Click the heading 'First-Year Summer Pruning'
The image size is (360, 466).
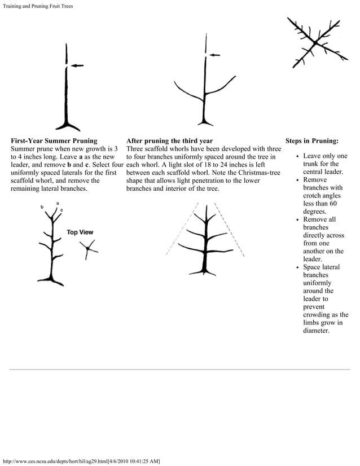coord(54,140)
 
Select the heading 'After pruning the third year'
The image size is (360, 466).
coord(169,140)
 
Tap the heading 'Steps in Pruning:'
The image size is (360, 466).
coord(312,140)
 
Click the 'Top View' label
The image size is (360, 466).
coord(80,232)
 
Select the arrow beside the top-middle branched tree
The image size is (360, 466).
coord(214,55)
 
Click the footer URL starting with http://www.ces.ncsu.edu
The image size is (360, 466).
coord(82,461)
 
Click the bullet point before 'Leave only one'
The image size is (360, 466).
coord(297,156)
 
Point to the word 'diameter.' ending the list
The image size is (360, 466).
coord(319,330)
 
